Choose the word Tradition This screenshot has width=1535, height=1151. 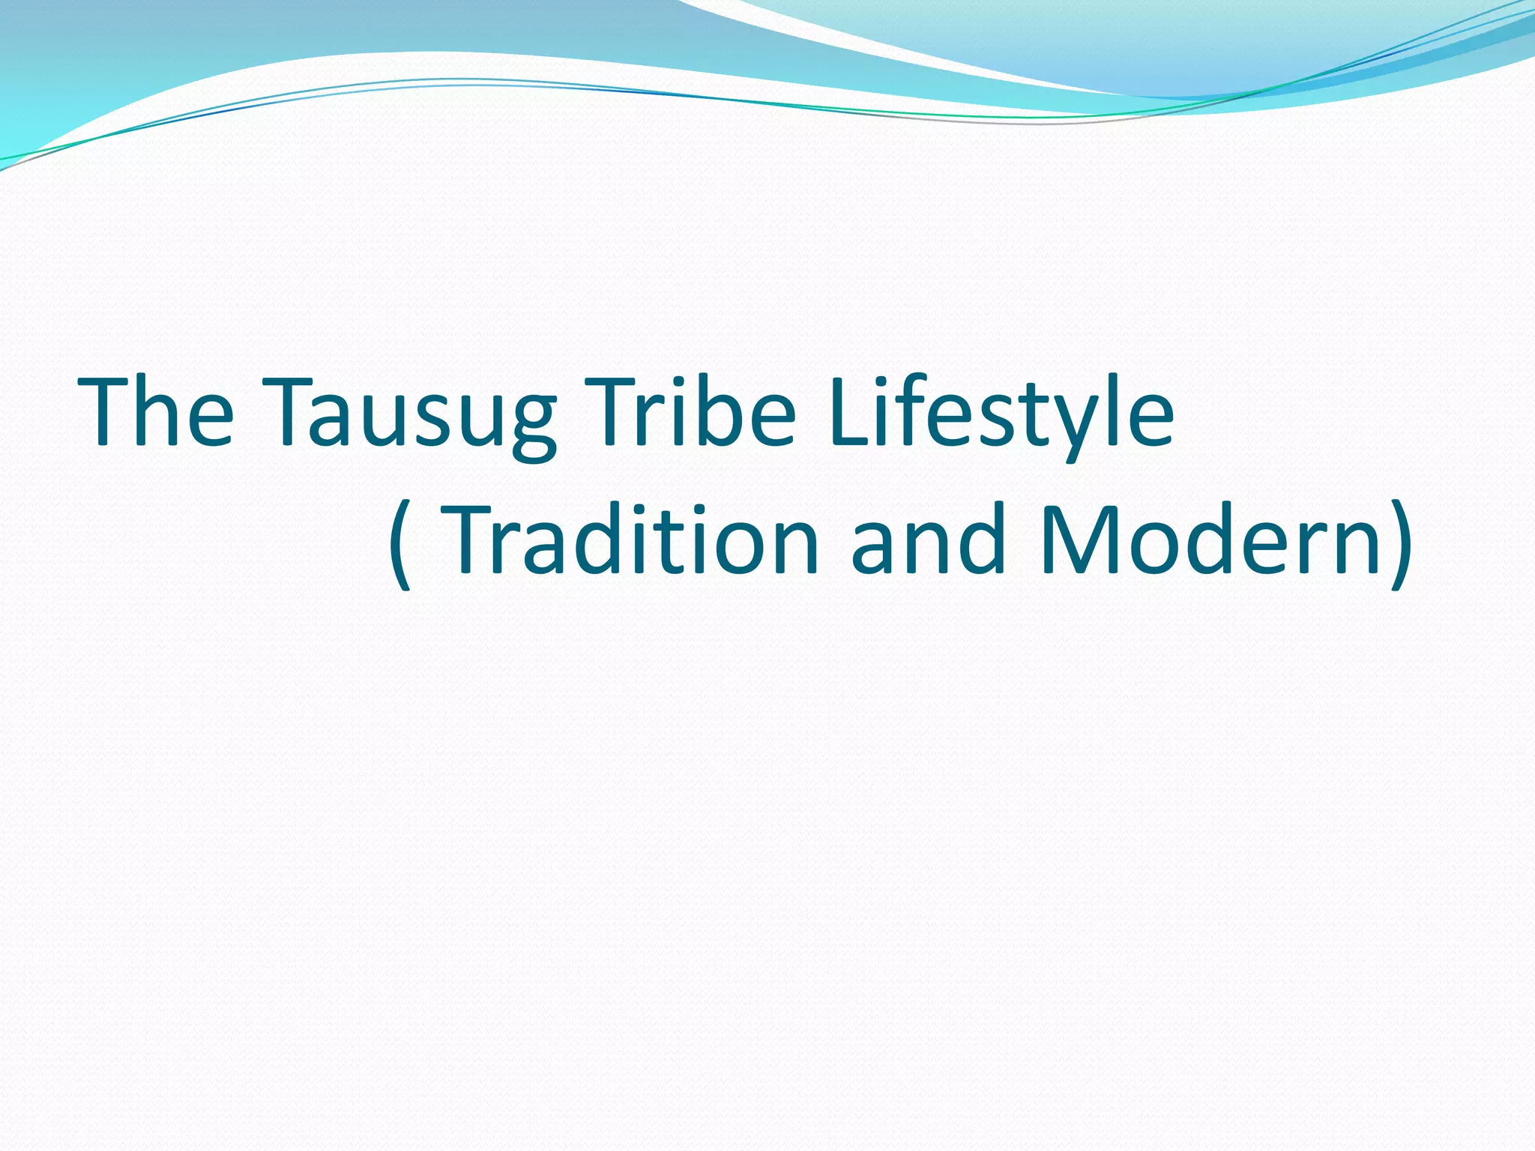[630, 540]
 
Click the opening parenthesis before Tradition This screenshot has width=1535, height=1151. [401, 543]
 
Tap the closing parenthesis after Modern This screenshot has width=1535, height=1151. [1400, 543]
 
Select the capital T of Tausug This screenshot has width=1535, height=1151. [289, 412]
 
